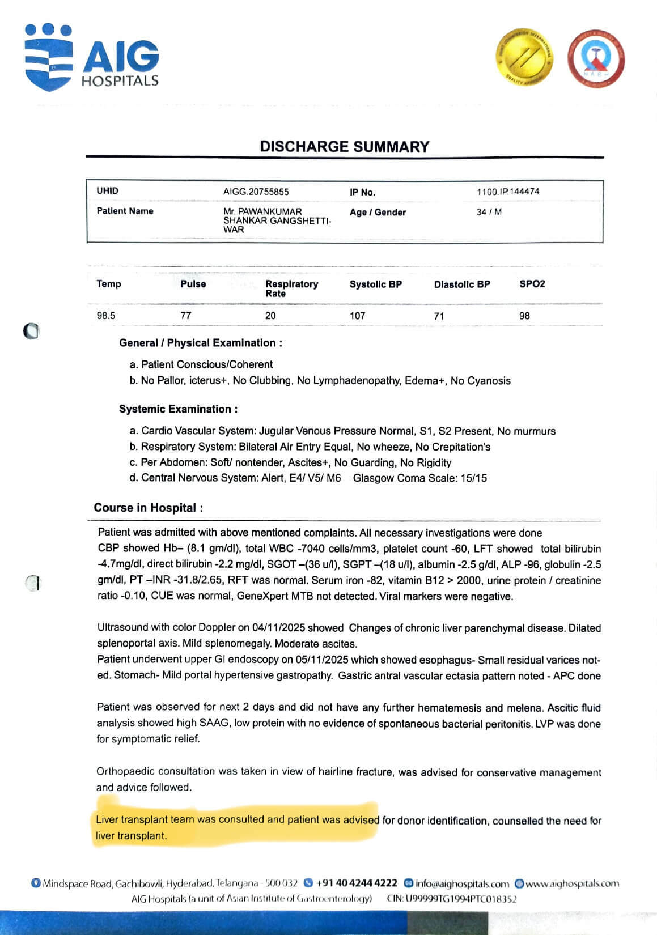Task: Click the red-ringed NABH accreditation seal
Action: click(596, 58)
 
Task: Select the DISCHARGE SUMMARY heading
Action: click(345, 147)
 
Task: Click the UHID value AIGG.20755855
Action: click(256, 192)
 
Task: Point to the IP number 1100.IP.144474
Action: click(508, 192)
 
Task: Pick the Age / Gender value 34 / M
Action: click(489, 212)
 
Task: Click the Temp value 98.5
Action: click(106, 316)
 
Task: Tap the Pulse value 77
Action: click(186, 316)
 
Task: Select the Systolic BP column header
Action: click(375, 284)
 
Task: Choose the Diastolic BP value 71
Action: click(439, 316)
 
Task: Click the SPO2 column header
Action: click(532, 284)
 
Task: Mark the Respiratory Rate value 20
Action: click(270, 316)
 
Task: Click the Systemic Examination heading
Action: click(178, 409)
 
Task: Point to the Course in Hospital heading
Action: click(148, 508)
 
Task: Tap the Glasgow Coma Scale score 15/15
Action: click(473, 478)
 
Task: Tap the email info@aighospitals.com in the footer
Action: click(462, 883)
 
